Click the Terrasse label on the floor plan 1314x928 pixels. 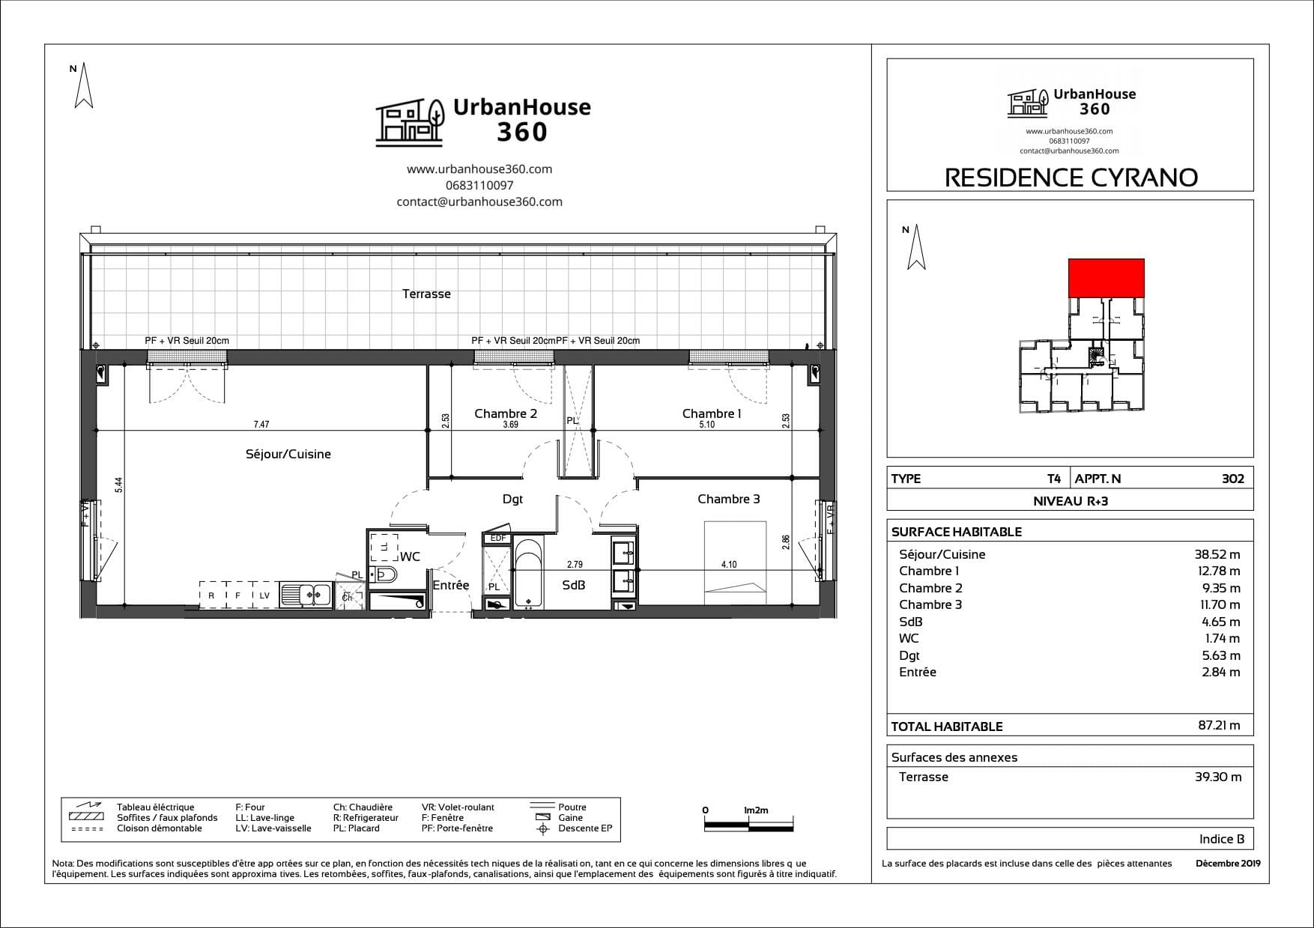(426, 294)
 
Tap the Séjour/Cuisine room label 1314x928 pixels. (288, 454)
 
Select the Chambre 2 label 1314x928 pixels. (506, 413)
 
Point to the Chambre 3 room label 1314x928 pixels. (728, 499)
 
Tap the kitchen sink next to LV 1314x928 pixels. (306, 595)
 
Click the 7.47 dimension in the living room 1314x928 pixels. (261, 425)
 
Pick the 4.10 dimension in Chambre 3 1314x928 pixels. (728, 565)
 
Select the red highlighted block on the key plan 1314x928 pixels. (1106, 277)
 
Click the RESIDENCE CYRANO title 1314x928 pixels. (1071, 178)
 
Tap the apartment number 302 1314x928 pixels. (1232, 479)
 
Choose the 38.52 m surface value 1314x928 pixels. (1217, 554)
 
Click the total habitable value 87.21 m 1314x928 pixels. (1219, 725)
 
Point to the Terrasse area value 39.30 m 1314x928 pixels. (1218, 777)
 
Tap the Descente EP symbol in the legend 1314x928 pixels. (544, 828)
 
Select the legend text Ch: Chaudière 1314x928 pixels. (363, 807)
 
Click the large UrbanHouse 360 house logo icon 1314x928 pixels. (409, 121)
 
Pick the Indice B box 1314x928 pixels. (1070, 839)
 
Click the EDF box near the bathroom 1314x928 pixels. (497, 538)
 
